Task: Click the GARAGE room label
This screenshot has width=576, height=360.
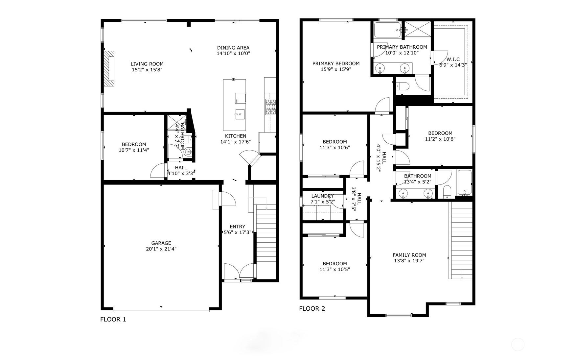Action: [x=161, y=243]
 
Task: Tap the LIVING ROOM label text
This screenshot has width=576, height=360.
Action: [x=147, y=64]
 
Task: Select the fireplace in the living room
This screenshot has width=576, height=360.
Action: [x=109, y=69]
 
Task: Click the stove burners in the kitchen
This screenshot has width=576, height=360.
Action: [x=271, y=107]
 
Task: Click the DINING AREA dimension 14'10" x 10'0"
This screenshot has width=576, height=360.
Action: [x=233, y=53]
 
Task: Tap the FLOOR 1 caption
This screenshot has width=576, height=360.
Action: [x=113, y=319]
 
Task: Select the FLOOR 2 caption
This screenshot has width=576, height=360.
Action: [x=312, y=309]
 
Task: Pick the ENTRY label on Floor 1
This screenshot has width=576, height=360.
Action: [x=237, y=227]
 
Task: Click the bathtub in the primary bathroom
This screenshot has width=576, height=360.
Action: [x=387, y=30]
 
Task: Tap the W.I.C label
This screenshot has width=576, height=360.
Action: [x=453, y=60]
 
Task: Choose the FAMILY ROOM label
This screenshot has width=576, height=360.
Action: [x=409, y=255]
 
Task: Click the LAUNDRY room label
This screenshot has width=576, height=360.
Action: [x=322, y=196]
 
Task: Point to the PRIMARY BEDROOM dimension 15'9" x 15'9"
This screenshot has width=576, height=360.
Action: [x=336, y=69]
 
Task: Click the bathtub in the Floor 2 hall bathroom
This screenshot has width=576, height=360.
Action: [x=464, y=183]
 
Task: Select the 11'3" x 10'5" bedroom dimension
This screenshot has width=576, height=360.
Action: [x=334, y=270]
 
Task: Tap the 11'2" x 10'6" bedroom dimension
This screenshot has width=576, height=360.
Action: [x=440, y=139]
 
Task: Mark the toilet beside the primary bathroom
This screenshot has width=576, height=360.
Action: [x=403, y=86]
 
